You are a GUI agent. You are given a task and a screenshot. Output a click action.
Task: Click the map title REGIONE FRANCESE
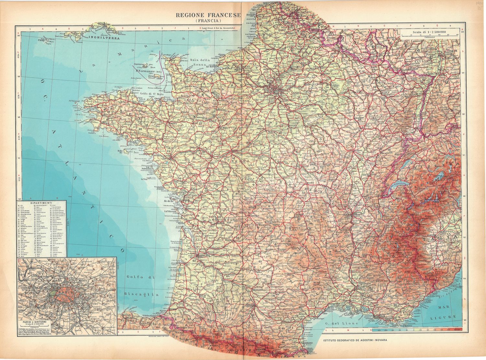208,15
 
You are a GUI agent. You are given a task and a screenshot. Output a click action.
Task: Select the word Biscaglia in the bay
142,294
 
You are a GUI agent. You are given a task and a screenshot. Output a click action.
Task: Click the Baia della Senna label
201,62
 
